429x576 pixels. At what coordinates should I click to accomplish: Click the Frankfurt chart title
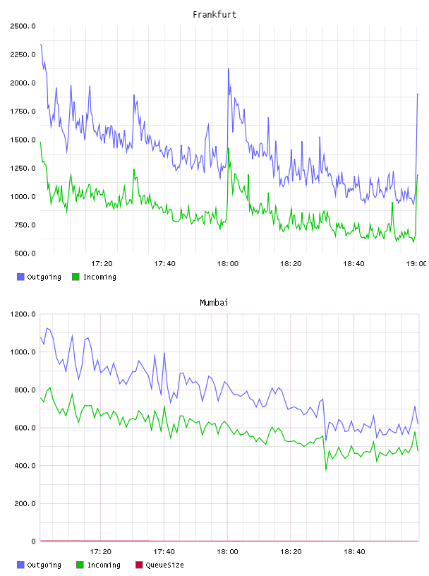[x=214, y=15]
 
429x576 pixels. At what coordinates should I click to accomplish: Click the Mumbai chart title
[x=214, y=303]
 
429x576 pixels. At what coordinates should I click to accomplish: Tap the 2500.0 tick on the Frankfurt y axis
[x=23, y=26]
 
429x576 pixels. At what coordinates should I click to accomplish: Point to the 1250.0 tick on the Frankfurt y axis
[x=23, y=168]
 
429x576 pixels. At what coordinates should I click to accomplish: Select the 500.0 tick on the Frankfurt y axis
[x=25, y=253]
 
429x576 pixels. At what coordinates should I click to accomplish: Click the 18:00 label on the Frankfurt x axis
[x=228, y=264]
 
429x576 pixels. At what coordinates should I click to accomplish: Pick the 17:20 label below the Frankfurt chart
[x=102, y=264]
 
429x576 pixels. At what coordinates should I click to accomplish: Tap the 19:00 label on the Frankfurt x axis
[x=416, y=264]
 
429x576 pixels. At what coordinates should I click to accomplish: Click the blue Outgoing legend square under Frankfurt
[x=20, y=277]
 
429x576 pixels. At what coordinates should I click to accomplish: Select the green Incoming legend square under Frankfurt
[x=75, y=277]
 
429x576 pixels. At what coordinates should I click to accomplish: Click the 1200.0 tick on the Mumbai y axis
[x=23, y=314]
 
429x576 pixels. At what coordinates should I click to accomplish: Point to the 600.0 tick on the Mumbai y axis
[x=25, y=428]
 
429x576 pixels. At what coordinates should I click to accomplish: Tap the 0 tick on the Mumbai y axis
[x=33, y=541]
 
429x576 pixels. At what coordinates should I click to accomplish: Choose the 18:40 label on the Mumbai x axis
[x=354, y=552]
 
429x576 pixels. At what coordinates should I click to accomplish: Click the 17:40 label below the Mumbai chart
[x=164, y=552]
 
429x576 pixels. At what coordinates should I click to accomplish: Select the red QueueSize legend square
[x=139, y=565]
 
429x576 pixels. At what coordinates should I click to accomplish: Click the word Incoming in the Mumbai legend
[x=104, y=565]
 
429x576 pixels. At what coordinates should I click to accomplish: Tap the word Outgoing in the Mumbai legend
[x=44, y=565]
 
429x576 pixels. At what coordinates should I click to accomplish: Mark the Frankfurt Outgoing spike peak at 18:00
[x=229, y=68]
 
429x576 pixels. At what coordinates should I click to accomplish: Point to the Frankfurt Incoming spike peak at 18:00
[x=229, y=148]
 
